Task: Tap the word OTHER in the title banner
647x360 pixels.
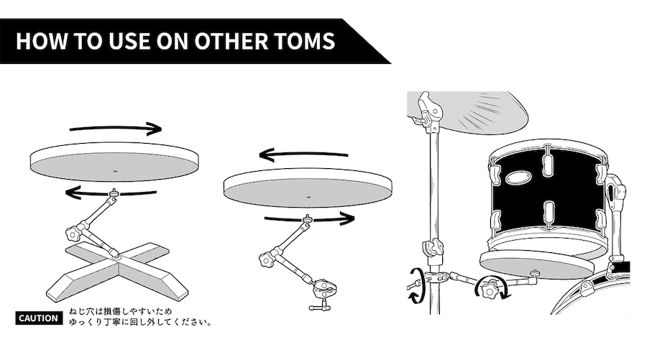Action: (231, 41)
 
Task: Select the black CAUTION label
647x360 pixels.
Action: (39, 318)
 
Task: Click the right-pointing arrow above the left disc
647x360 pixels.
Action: (116, 129)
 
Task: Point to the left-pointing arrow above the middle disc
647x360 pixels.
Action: (303, 155)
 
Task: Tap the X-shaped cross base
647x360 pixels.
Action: (118, 270)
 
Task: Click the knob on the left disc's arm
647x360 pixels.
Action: (73, 234)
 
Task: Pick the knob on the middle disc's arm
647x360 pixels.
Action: (267, 260)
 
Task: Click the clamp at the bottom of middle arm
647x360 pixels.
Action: (324, 292)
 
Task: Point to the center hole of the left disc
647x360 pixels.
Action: (115, 171)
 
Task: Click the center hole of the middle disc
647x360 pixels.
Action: (308, 198)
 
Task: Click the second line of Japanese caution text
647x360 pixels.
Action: (140, 322)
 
